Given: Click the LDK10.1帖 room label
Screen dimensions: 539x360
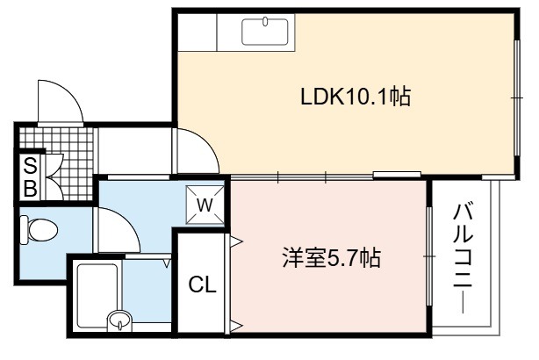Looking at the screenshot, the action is (356, 97).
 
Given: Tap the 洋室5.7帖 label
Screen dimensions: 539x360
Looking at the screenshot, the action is (331, 258).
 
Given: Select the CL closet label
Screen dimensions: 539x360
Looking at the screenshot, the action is (203, 284).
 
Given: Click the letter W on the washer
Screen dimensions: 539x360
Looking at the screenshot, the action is (205, 205).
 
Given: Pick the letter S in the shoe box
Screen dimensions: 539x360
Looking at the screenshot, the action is (30, 167).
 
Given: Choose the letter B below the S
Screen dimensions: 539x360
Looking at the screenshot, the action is (30, 188).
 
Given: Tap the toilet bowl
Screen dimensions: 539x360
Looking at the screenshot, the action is (39, 230).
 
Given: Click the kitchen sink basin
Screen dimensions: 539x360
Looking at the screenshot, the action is (265, 32).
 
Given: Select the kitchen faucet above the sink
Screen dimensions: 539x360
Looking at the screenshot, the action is (265, 21).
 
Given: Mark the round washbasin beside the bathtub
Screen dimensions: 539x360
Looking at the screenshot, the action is (119, 320).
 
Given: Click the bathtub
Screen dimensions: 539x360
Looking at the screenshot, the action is (97, 295).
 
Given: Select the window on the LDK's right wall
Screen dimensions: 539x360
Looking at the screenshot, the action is (517, 98).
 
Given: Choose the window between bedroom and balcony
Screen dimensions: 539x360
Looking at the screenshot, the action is (428, 256).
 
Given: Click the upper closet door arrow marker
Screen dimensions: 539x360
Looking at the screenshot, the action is (236, 241).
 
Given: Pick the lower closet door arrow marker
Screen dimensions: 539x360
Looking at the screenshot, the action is (236, 325).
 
